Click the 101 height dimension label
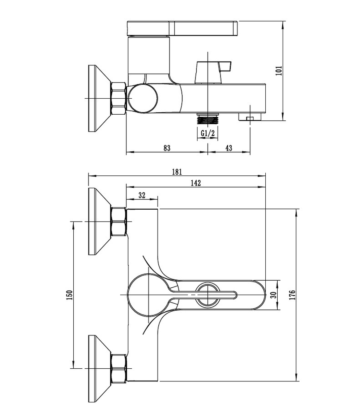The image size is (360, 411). (279, 71)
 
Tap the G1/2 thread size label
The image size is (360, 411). (208, 134)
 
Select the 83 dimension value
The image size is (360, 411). (167, 148)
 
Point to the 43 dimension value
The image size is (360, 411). (229, 148)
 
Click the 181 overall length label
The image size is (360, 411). (177, 172)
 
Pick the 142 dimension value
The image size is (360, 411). (196, 183)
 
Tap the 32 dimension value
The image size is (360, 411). (142, 195)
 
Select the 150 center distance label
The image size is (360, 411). (69, 295)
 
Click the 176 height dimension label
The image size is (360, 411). (293, 295)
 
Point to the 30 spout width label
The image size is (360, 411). (274, 295)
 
